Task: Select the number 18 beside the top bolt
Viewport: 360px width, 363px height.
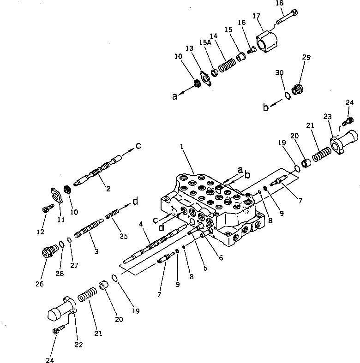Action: click(279, 3)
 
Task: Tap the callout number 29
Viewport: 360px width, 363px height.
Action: click(306, 57)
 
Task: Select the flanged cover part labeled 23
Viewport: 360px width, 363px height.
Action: click(343, 140)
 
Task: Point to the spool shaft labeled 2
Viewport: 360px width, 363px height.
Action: click(102, 172)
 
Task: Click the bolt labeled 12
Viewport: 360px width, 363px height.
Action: click(46, 209)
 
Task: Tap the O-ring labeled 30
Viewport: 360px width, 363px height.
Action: click(287, 95)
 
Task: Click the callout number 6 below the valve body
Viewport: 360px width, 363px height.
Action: click(221, 258)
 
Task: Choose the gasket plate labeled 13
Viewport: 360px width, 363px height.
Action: click(205, 77)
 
